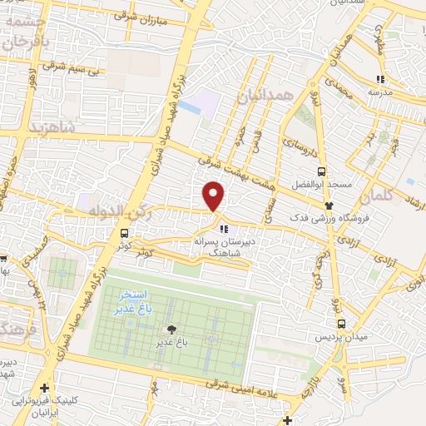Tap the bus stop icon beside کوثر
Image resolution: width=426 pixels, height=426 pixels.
click(124, 234)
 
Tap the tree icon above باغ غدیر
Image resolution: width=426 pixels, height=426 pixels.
click(172, 329)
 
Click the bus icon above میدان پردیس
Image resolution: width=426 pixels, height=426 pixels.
click(341, 324)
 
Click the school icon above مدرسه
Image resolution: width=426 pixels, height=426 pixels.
click(379, 80)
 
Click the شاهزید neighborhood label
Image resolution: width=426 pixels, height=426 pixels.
click(52, 126)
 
